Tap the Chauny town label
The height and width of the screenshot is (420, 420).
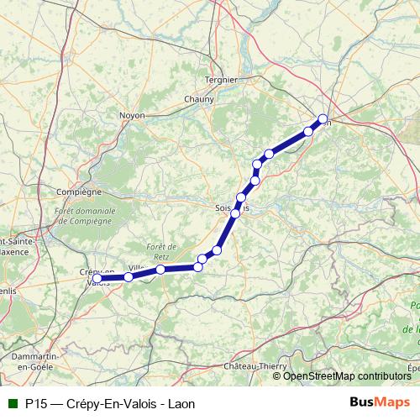pos(198,98)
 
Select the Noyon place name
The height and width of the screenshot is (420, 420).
pos(132,115)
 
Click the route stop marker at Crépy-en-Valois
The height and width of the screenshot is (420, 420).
pos(97,278)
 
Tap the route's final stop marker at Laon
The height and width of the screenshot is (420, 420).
pos(323,118)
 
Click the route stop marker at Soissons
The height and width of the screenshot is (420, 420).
pos(236,213)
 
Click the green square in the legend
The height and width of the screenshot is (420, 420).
pos(11,403)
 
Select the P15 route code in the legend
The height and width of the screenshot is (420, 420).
pos(35,403)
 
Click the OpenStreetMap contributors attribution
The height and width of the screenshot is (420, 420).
pos(346,375)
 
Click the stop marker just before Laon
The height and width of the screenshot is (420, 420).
pos(308,132)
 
